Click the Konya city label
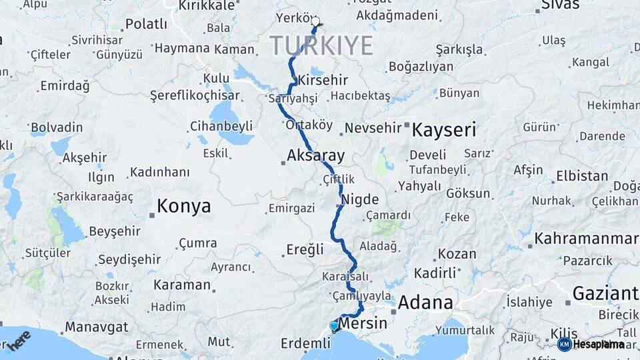[183, 206]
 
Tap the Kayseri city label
[443, 129]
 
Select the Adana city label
[425, 303]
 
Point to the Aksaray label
[315, 157]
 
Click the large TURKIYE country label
[321, 46]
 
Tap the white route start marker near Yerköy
[315, 21]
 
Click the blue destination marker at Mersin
[334, 326]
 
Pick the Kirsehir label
[323, 80]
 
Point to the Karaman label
[182, 285]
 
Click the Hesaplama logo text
[599, 344]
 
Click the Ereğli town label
[305, 250]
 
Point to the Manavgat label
[96, 327]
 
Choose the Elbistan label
[582, 177]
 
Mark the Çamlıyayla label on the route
[360, 295]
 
